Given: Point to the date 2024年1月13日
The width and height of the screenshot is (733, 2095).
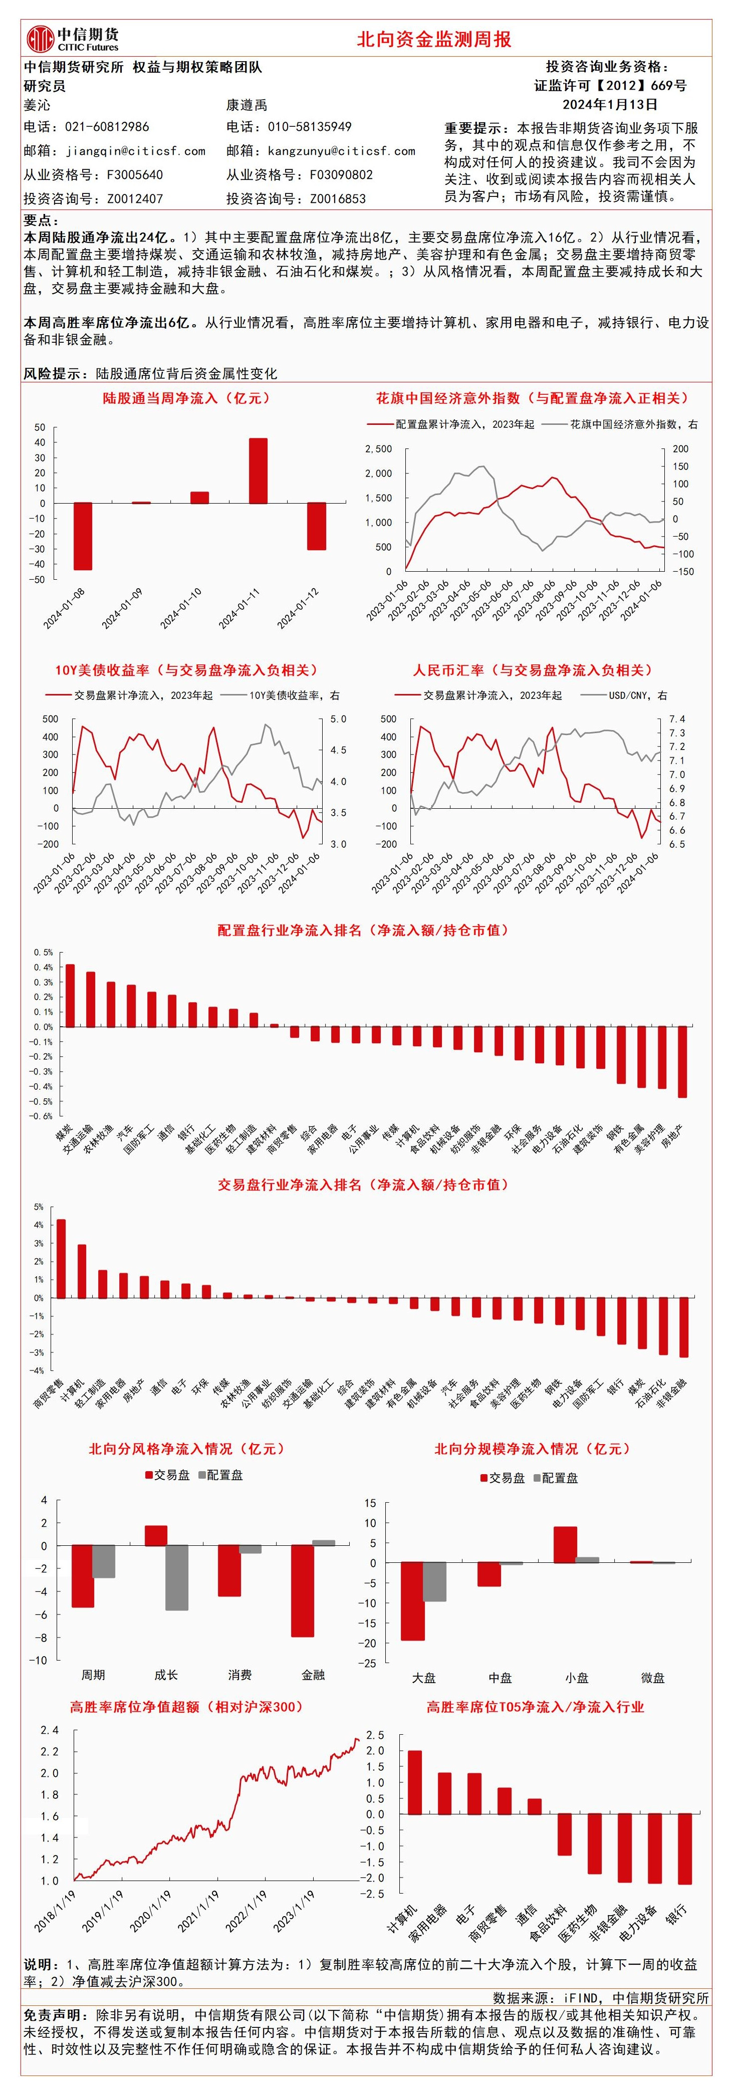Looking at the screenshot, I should click(610, 104).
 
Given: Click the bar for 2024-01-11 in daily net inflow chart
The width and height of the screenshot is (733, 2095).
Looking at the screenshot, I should click(258, 471).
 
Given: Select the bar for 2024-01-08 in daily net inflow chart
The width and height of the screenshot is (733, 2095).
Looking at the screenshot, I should click(83, 536).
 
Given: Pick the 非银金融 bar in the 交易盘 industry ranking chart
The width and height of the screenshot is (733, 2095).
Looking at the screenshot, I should click(683, 1326).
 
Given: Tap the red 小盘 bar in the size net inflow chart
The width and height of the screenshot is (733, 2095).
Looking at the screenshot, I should click(565, 1544).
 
